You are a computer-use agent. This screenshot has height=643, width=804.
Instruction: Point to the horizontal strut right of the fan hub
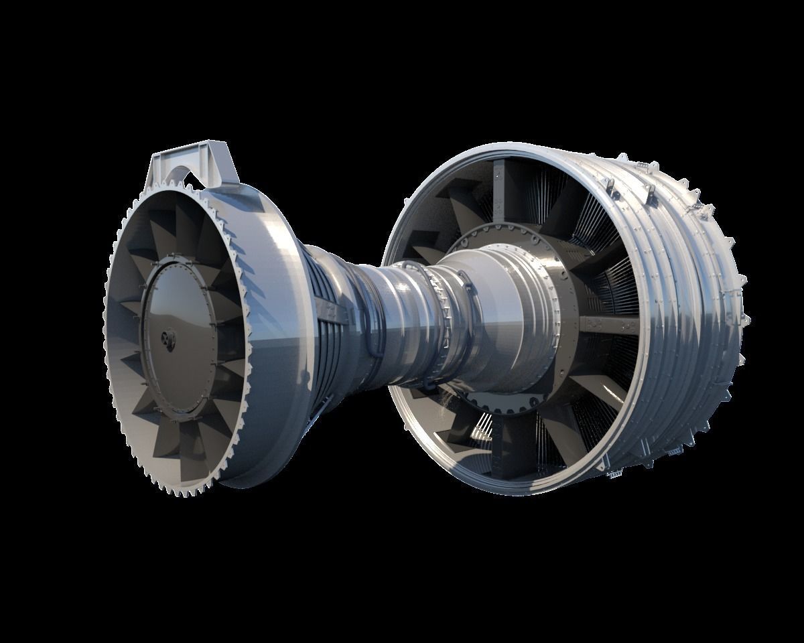[x=606, y=324]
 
